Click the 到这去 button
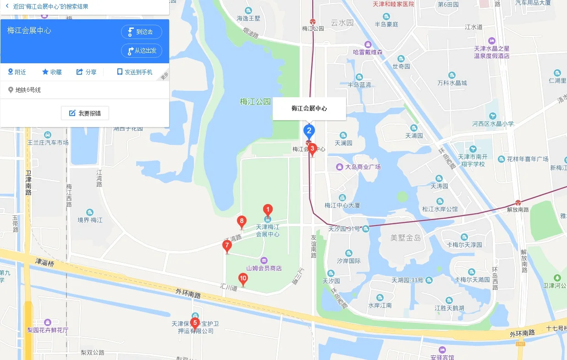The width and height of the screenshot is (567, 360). click(x=142, y=32)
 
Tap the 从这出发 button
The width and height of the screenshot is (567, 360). click(x=142, y=50)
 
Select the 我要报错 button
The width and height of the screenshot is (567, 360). click(x=85, y=113)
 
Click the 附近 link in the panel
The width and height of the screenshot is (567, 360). click(x=17, y=72)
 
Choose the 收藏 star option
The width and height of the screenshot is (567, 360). click(x=52, y=72)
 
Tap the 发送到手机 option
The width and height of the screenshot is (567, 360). click(x=134, y=72)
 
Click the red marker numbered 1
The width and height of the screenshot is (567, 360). click(x=268, y=210)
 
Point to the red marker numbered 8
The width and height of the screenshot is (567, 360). click(x=242, y=222)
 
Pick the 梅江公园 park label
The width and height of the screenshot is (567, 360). click(x=255, y=101)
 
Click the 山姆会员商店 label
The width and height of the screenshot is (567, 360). click(x=264, y=268)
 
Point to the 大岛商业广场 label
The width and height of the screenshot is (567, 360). click(x=363, y=167)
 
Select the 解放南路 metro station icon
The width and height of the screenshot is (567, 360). click(x=518, y=203)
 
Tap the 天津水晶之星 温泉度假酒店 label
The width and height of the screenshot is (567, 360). click(x=492, y=52)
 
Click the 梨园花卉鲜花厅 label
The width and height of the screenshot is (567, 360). click(x=48, y=330)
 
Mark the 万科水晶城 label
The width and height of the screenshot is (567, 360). click(x=452, y=83)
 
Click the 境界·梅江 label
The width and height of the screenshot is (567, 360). click(x=90, y=220)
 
